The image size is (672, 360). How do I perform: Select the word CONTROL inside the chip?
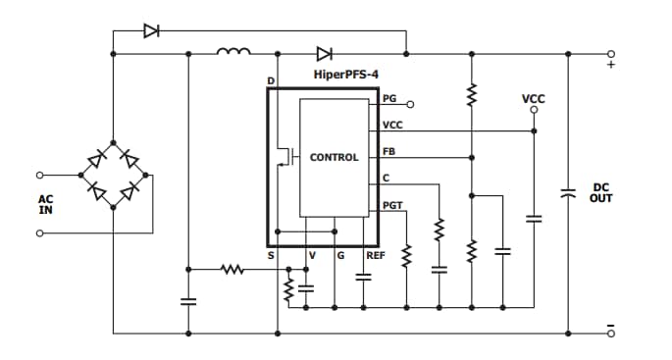pos(334,157)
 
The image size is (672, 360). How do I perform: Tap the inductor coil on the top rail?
pos(233,52)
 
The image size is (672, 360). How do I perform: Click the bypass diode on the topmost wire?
pos(151,30)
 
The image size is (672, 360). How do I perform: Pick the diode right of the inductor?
pos(323,53)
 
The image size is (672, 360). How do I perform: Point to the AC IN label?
pos(46,204)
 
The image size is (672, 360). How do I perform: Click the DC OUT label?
pos(601,193)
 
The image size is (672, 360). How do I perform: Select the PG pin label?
pos(389,98)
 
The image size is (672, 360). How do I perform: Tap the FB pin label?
pos(388,151)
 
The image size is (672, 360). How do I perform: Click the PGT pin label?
pos(392,205)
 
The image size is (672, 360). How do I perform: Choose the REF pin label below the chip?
pos(375,255)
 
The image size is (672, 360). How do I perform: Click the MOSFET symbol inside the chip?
pos(285,156)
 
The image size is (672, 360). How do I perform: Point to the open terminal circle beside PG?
pos(410,103)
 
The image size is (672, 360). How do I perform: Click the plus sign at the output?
pos(610,66)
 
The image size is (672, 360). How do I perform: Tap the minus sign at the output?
pos(610,324)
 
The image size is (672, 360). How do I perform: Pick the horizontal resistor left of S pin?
pos(233,267)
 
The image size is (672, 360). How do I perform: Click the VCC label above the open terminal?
pos(533,99)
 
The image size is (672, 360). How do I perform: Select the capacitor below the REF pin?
pos(363,277)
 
